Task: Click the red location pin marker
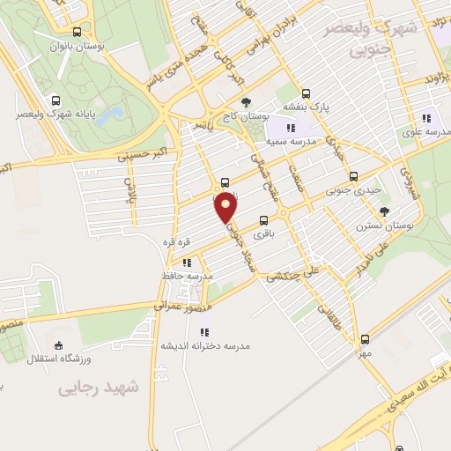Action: [x=226, y=206]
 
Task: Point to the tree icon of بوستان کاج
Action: [x=246, y=102]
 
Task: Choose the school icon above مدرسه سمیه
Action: [x=291, y=128]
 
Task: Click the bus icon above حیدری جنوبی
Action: [x=354, y=175]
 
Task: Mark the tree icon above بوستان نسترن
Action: [x=384, y=211]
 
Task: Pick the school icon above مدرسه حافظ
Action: [x=187, y=262]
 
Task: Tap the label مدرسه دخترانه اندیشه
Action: [x=204, y=345]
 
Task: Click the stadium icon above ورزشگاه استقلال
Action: [x=58, y=344]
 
